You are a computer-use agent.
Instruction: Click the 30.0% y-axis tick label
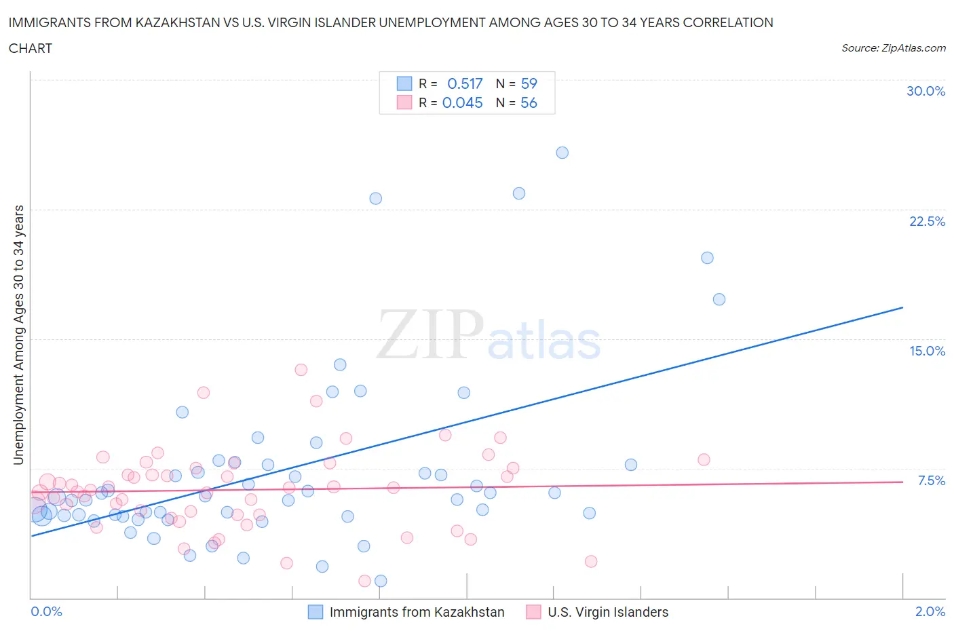pyautogui.click(x=926, y=91)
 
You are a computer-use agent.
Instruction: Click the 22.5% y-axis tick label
pyautogui.click(x=927, y=221)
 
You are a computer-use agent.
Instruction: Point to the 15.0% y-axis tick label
pyautogui.click(x=927, y=351)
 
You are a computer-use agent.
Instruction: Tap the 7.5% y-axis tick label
pyautogui.click(x=931, y=480)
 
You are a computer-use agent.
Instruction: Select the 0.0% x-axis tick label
pyautogui.click(x=46, y=611)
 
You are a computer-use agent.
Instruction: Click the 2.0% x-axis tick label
pyautogui.click(x=930, y=611)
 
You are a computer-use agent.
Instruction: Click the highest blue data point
pyautogui.click(x=562, y=153)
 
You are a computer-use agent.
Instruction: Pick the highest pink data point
pyautogui.click(x=301, y=370)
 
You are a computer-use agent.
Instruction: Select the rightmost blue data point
pyautogui.click(x=719, y=299)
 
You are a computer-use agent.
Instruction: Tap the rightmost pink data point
pyautogui.click(x=704, y=460)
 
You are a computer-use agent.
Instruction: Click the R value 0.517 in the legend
pyautogui.click(x=465, y=83)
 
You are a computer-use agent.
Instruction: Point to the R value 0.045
pyautogui.click(x=462, y=102)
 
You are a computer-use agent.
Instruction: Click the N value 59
pyautogui.click(x=529, y=83)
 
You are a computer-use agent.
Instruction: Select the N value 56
pyautogui.click(x=529, y=102)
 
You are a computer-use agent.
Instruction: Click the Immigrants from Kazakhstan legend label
pyautogui.click(x=417, y=612)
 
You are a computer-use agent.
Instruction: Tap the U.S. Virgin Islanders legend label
pyautogui.click(x=607, y=612)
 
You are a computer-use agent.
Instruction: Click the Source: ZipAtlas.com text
pyautogui.click(x=893, y=48)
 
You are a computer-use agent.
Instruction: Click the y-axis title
pyautogui.click(x=18, y=334)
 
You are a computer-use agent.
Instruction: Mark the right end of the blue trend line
pyautogui.click(x=902, y=307)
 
